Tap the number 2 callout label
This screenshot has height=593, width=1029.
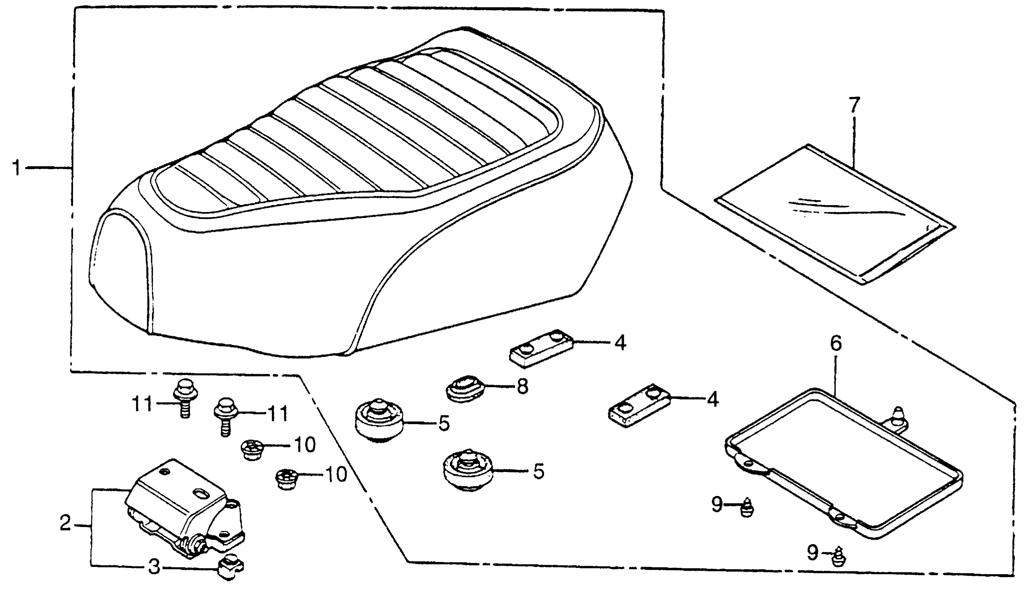[65, 523]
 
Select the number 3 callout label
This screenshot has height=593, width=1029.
[154, 567]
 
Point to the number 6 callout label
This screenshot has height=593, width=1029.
[836, 343]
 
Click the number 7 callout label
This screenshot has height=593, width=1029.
[854, 105]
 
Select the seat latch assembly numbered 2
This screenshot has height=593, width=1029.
[183, 509]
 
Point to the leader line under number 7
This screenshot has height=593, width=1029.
[854, 143]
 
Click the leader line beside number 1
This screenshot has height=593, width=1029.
[49, 167]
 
